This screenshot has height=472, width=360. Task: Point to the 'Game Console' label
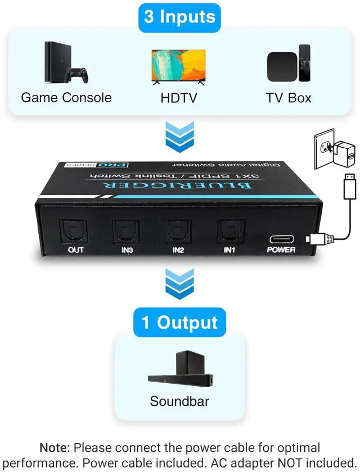coord(66,97)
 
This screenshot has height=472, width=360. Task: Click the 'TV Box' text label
coord(289,97)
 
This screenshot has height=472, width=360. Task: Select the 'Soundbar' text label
coord(179,401)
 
